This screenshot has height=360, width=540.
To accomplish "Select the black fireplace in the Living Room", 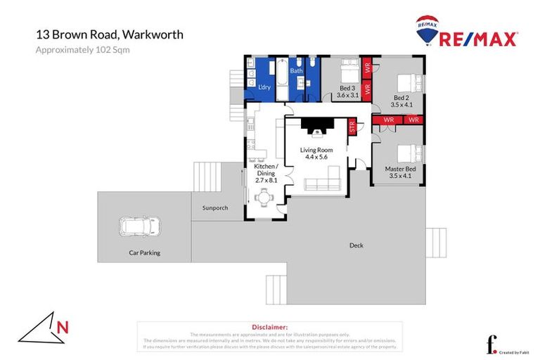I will click(314, 125).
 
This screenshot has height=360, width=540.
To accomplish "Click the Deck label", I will click(356, 245).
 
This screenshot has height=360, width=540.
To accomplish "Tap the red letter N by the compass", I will click(63, 326).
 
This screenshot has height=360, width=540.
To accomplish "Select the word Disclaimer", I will click(269, 327).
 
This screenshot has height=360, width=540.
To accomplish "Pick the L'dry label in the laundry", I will click(264, 86).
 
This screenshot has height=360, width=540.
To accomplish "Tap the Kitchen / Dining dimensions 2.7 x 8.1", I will click(266, 180).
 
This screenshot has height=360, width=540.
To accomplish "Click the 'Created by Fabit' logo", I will click(501, 345).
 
